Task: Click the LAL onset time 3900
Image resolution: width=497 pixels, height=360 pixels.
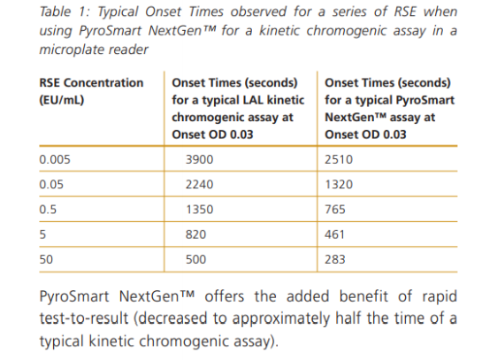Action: tap(199, 159)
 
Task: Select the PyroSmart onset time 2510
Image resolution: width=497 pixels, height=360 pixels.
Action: tap(339, 159)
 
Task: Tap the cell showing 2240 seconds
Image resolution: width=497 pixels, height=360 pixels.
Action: tap(199, 184)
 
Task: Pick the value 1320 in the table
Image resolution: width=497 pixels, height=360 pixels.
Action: tap(339, 184)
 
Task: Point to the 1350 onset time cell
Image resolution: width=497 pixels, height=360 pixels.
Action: tap(199, 209)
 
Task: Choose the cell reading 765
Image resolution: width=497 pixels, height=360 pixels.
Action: tap(335, 209)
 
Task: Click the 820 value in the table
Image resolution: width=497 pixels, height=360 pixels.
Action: tap(196, 234)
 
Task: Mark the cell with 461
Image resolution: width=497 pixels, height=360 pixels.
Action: tap(334, 234)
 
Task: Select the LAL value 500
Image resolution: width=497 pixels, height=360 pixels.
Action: tap(196, 259)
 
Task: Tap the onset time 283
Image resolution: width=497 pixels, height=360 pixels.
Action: tap(335, 259)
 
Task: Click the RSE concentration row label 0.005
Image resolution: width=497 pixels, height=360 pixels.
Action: tap(55, 159)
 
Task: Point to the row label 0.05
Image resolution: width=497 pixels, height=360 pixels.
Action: tap(51, 184)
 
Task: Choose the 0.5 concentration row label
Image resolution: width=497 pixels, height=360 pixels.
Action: tap(48, 209)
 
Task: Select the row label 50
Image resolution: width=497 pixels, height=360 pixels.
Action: tap(46, 259)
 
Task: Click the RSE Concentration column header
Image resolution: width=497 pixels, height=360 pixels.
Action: tap(91, 91)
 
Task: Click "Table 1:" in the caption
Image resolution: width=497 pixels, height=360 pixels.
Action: tap(65, 11)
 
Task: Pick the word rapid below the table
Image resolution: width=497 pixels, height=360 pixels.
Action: tap(440, 297)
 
